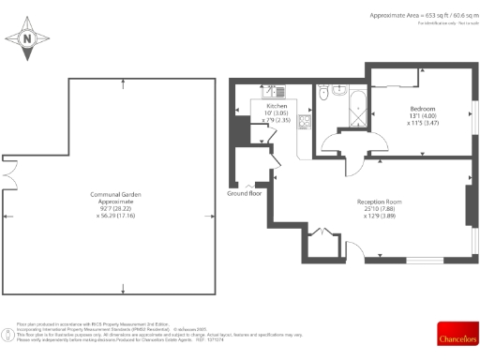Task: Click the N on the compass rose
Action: coord(28,39)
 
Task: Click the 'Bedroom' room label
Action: coord(422,109)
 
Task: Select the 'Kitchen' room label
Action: coord(277,106)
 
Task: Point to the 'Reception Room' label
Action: coord(379,202)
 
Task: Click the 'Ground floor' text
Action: coord(245,193)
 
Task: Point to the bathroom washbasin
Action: coord(338,92)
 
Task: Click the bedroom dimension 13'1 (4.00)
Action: coord(422,116)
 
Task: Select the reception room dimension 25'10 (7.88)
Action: coord(379,209)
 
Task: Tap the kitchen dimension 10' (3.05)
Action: coord(277,112)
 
